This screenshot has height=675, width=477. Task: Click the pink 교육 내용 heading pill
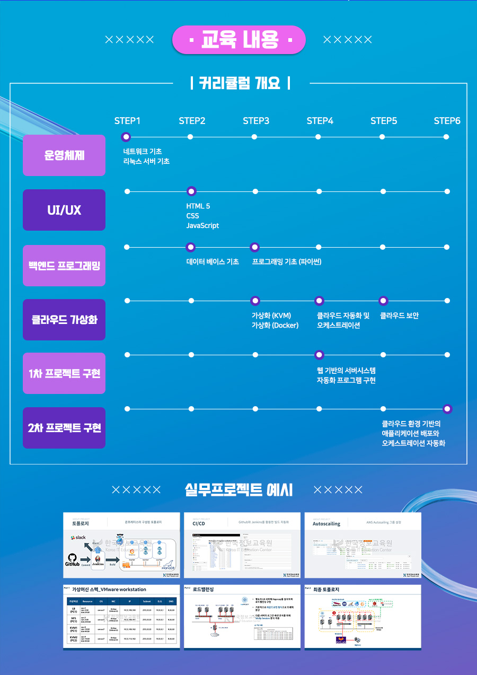239,40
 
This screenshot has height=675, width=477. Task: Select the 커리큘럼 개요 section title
240,83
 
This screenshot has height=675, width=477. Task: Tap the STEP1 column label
127,121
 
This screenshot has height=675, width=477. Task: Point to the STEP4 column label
320,121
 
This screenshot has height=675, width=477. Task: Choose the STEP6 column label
447,121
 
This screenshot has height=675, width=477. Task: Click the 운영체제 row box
64,155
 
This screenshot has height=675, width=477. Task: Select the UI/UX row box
64,210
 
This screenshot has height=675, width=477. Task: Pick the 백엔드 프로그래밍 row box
64,265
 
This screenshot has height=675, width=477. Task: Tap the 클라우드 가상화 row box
64,320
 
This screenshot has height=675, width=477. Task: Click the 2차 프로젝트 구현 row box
64,428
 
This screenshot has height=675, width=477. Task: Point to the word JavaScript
202,226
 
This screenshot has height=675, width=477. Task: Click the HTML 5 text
198,206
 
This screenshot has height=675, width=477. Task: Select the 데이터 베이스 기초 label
213,262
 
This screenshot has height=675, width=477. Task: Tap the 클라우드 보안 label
400,316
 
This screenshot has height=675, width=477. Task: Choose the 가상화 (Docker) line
275,326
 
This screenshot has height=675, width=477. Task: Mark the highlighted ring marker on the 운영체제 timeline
126,137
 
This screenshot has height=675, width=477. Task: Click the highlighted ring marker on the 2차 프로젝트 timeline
447,409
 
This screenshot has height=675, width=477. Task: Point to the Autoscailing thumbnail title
326,523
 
